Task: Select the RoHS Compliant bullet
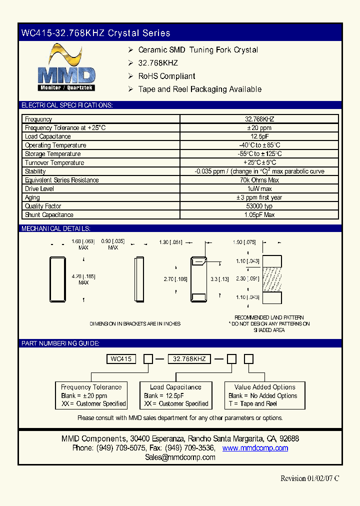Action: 166,76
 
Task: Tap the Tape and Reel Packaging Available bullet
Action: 199,89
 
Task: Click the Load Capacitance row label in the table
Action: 48,136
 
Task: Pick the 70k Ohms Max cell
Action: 259,180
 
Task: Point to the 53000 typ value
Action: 259,206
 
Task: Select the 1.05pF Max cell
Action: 259,215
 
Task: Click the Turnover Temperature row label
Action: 54,162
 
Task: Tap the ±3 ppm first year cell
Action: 259,197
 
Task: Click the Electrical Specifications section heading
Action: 67,105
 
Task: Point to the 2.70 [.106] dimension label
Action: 175,279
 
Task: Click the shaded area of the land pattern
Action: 275,279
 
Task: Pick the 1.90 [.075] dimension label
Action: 244,242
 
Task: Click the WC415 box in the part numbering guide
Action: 121,359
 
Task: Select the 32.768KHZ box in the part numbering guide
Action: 189,359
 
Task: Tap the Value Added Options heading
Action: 264,387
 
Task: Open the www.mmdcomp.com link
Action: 255,448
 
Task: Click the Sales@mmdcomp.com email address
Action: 180,457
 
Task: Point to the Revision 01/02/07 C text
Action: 309,478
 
